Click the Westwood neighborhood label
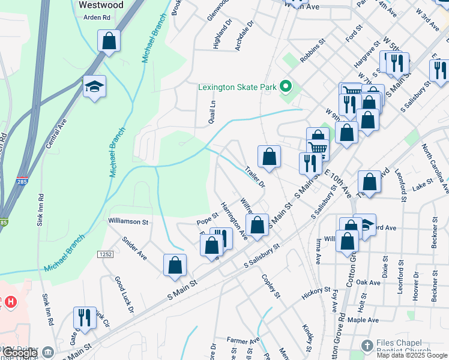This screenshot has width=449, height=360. click(x=101, y=5)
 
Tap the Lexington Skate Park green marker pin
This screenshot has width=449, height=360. click(x=286, y=88)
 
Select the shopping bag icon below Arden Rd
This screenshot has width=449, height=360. click(x=109, y=41)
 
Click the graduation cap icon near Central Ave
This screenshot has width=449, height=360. click(x=94, y=88)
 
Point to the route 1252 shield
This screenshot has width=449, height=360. click(x=106, y=255)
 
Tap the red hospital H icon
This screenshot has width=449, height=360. click(x=11, y=302)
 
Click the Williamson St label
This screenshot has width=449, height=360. click(x=128, y=221)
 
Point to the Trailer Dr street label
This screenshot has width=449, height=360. click(x=255, y=176)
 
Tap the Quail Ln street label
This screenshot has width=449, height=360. click(x=212, y=111)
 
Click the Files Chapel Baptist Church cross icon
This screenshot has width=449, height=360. click(x=367, y=346)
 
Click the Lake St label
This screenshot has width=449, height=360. click(x=421, y=181)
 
